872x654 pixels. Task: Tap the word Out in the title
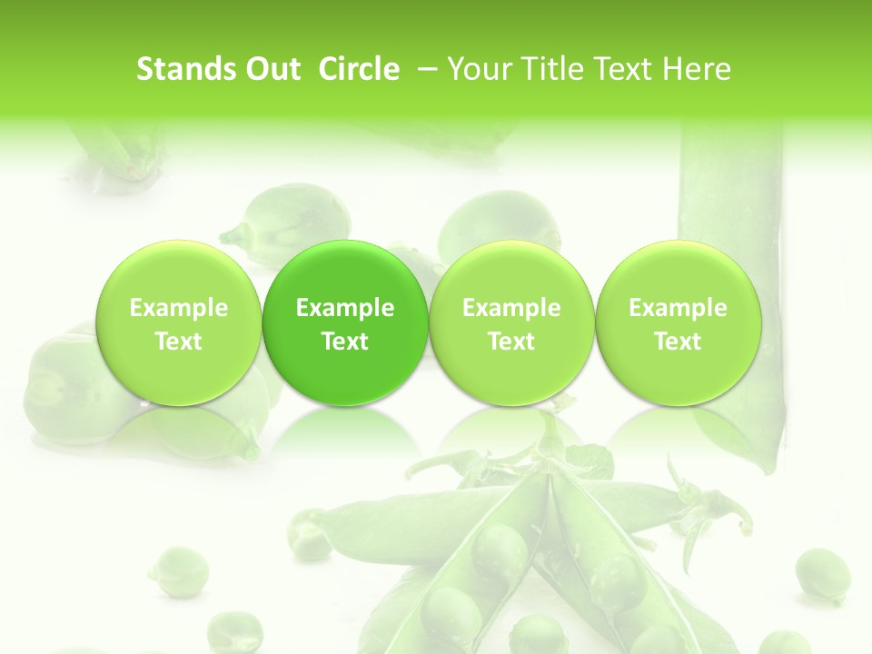point(272,70)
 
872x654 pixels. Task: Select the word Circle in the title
point(359,70)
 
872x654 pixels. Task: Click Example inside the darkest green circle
point(345,308)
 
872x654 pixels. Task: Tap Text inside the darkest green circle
point(345,342)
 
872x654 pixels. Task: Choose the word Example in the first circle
point(179,308)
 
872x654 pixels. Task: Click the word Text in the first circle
point(179,342)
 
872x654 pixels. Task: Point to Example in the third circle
point(511,308)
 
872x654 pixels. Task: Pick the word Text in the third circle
point(511,342)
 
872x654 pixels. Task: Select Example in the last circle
point(679,308)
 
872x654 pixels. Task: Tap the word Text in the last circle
point(679,342)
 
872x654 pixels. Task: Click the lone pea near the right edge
point(822,574)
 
